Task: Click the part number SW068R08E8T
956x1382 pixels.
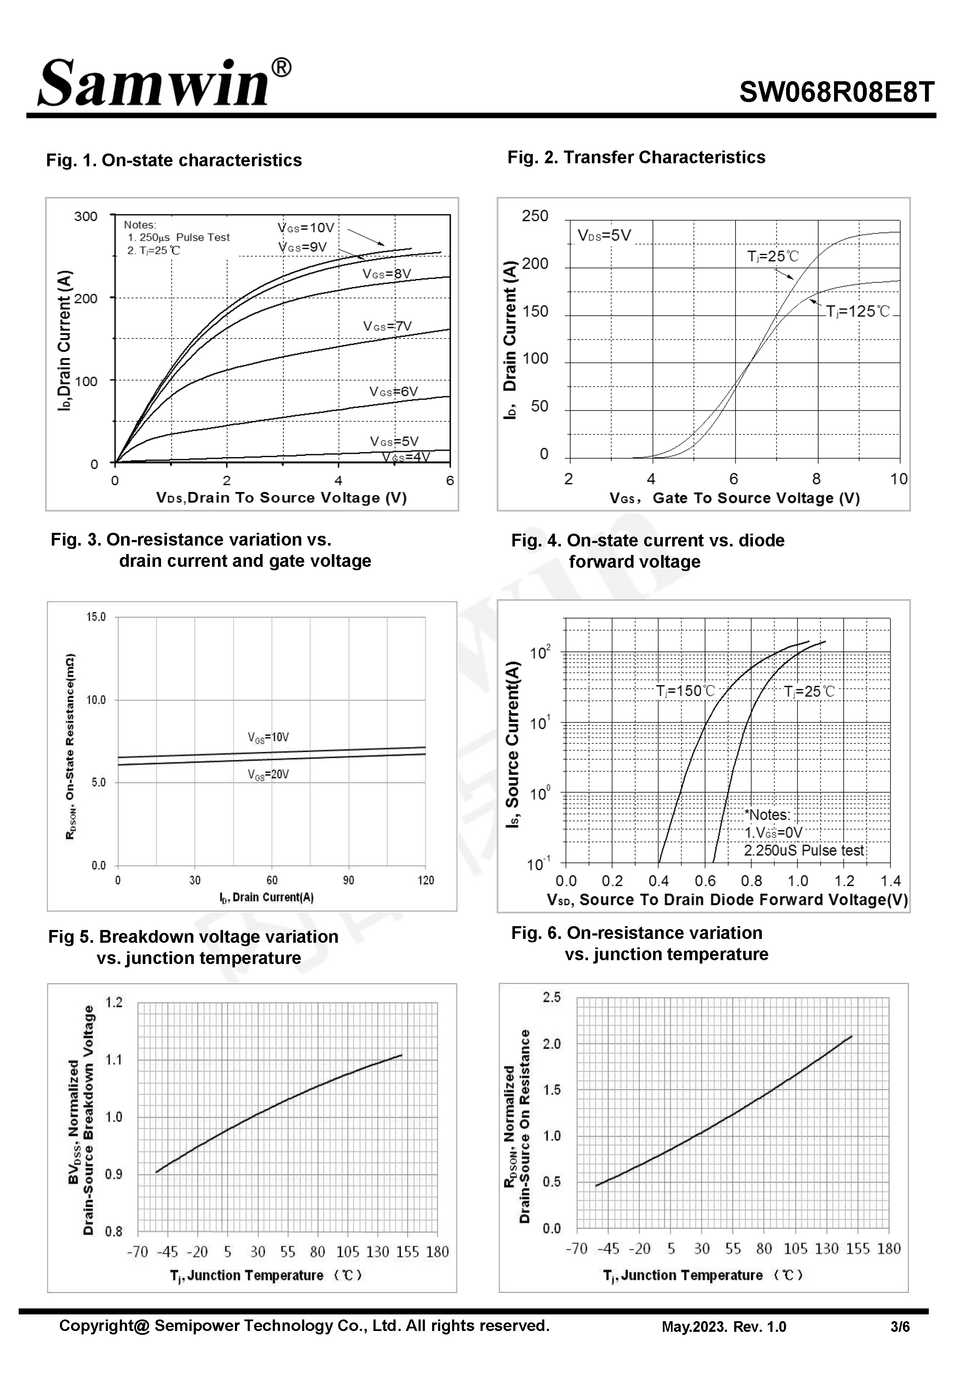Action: [x=836, y=92]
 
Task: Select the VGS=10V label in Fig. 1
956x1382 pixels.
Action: [x=305, y=228]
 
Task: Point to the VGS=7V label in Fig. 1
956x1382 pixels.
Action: [x=387, y=326]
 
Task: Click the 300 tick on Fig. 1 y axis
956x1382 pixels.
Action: [x=86, y=216]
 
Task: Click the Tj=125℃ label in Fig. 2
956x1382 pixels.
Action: [x=858, y=312]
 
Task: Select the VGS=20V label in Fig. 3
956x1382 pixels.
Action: [x=269, y=774]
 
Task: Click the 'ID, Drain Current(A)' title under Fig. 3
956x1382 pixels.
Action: [x=266, y=897]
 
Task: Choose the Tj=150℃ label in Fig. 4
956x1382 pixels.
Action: [x=686, y=691]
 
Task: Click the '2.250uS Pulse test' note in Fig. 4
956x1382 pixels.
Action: [x=804, y=850]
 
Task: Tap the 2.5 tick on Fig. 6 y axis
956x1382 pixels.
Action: [x=552, y=997]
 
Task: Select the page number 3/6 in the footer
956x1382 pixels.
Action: [x=899, y=1327]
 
